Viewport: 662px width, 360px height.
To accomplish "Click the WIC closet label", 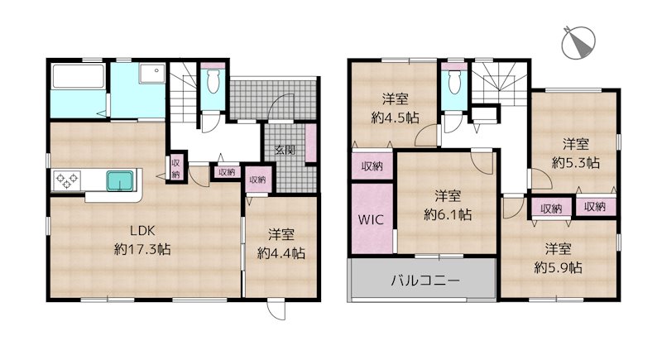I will point(368,221).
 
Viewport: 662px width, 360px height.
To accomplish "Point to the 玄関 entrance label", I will point(286,151).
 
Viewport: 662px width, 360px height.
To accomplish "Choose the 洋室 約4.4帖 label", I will point(281,245).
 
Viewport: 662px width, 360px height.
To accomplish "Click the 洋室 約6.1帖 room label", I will point(448,205).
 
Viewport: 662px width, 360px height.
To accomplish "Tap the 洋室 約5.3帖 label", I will point(576,152).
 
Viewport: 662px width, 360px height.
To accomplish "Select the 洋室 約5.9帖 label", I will point(558,257).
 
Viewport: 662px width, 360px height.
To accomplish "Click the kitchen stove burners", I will point(66,179).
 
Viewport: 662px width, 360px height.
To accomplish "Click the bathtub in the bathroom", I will point(76,78).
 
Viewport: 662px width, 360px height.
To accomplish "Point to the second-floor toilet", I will point(453,82).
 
